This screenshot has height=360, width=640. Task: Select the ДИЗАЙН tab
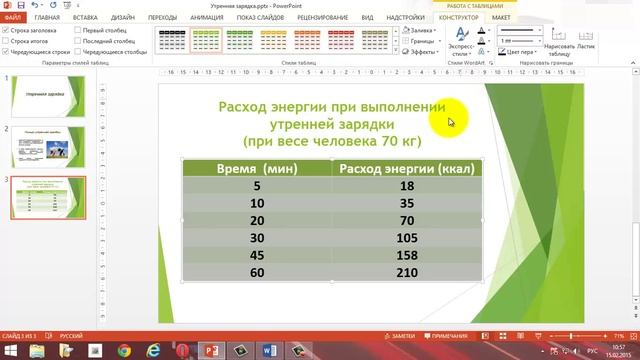click(x=123, y=18)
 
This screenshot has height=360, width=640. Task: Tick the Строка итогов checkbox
click(x=6, y=40)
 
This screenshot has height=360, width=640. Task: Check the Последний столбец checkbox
click(x=76, y=40)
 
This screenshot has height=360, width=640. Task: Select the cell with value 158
click(x=407, y=255)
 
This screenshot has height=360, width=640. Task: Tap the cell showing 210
click(x=407, y=272)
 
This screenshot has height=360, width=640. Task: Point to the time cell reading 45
click(x=257, y=255)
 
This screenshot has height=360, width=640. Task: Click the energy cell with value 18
click(x=407, y=185)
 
